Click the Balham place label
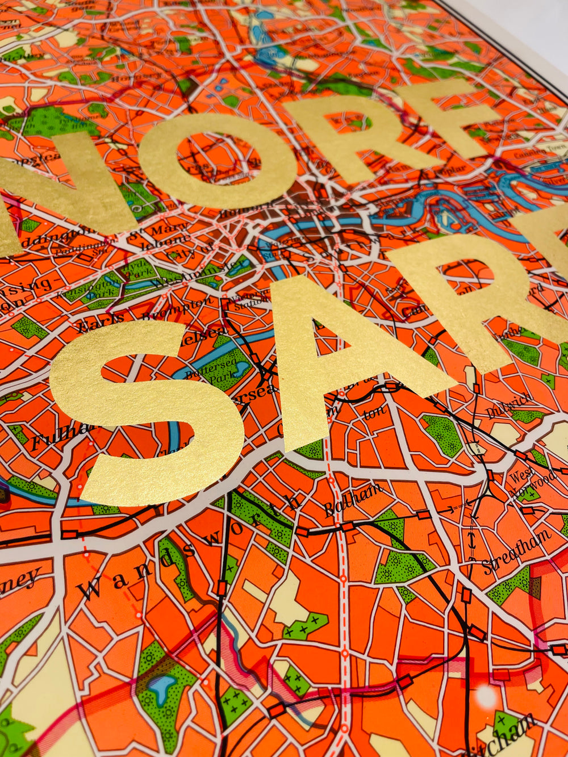tap(353, 500)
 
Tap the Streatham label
tap(517, 551)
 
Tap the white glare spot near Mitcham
tap(486, 696)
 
